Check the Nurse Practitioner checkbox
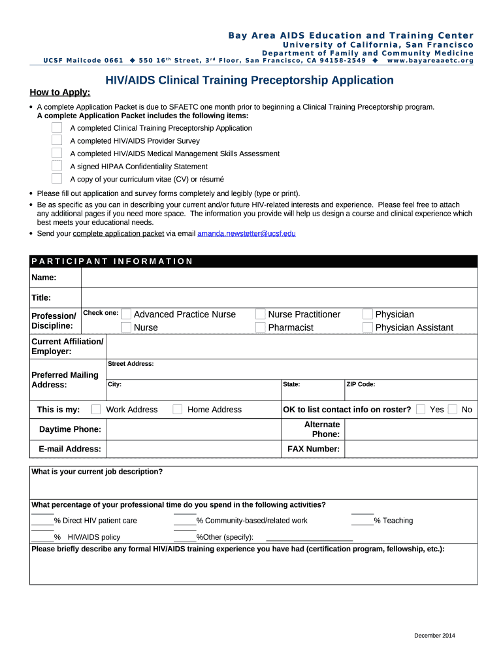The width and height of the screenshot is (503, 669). pyautogui.click(x=261, y=314)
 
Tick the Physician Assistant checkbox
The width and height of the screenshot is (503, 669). pyautogui.click(x=368, y=327)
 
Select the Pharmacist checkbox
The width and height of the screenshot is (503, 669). pyautogui.click(x=261, y=327)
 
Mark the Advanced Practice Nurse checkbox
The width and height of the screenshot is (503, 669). pyautogui.click(x=126, y=314)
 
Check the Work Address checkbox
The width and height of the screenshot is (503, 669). pyautogui.click(x=96, y=410)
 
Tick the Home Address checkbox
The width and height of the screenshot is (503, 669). pyautogui.click(x=177, y=410)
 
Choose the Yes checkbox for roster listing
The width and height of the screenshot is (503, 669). pyautogui.click(x=421, y=410)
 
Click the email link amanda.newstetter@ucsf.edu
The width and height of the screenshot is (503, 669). pyautogui.click(x=246, y=233)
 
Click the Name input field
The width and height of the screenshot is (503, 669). pyautogui.click(x=279, y=278)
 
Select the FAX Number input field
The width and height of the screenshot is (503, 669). pyautogui.click(x=410, y=449)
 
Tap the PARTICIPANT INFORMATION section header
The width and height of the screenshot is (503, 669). pyautogui.click(x=112, y=261)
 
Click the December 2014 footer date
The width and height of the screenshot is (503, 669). pyautogui.click(x=434, y=636)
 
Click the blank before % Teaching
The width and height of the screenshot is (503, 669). pyautogui.click(x=362, y=520)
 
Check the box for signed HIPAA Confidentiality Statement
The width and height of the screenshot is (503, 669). pyautogui.click(x=57, y=166)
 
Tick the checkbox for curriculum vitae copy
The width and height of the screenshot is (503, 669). pyautogui.click(x=57, y=178)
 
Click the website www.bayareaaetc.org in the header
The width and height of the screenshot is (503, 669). pyautogui.click(x=430, y=61)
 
